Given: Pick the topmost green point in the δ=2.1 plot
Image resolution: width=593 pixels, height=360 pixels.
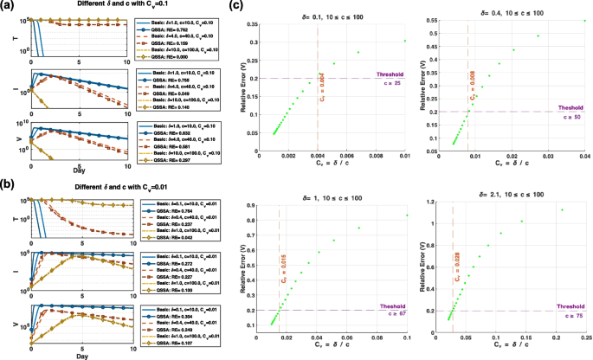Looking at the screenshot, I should [x=561, y=210].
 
